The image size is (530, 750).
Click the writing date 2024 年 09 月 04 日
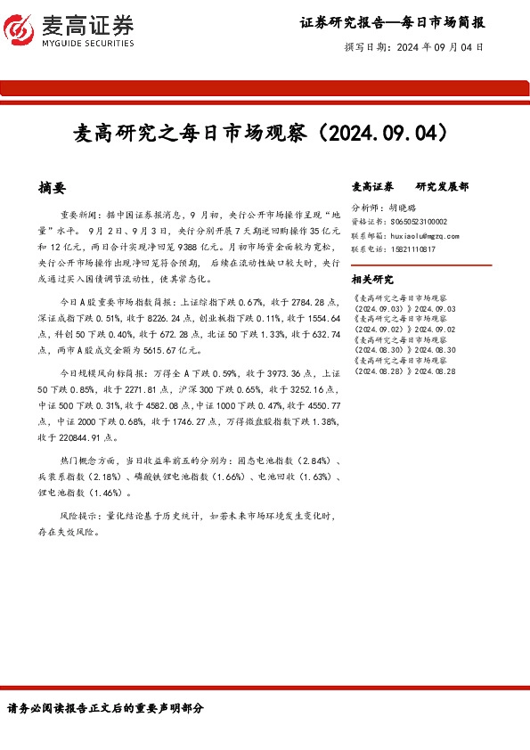pos(439,47)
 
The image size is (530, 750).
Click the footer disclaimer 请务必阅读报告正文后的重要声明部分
pos(105,708)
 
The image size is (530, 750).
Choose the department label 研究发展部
pos(442,187)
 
